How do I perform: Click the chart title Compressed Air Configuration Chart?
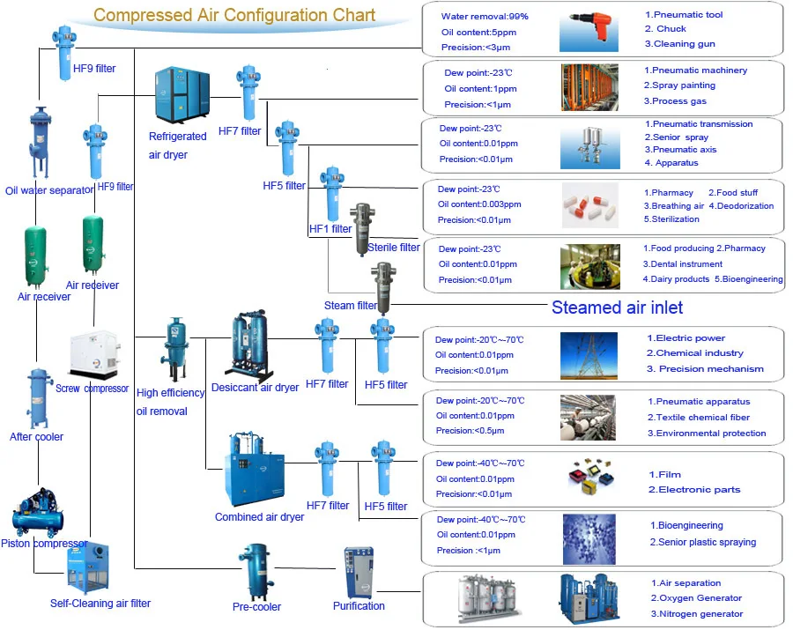click(x=234, y=15)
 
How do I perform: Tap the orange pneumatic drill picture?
click(x=589, y=31)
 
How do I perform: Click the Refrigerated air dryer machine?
click(x=182, y=95)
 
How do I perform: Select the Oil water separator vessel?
click(x=40, y=143)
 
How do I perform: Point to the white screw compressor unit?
click(x=94, y=354)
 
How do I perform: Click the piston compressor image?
click(x=39, y=512)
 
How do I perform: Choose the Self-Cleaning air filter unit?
click(x=88, y=567)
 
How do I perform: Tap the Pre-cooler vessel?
click(x=256, y=572)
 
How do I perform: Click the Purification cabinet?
click(x=359, y=573)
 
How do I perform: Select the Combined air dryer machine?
click(x=255, y=470)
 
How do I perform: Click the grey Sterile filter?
click(x=363, y=229)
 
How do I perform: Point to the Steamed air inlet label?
click(x=617, y=308)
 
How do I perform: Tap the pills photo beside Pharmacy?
click(x=590, y=205)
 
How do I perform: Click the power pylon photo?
click(x=589, y=356)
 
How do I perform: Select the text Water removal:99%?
click(x=485, y=16)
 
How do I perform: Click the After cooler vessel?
click(x=40, y=398)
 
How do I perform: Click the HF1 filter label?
click(x=330, y=229)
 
